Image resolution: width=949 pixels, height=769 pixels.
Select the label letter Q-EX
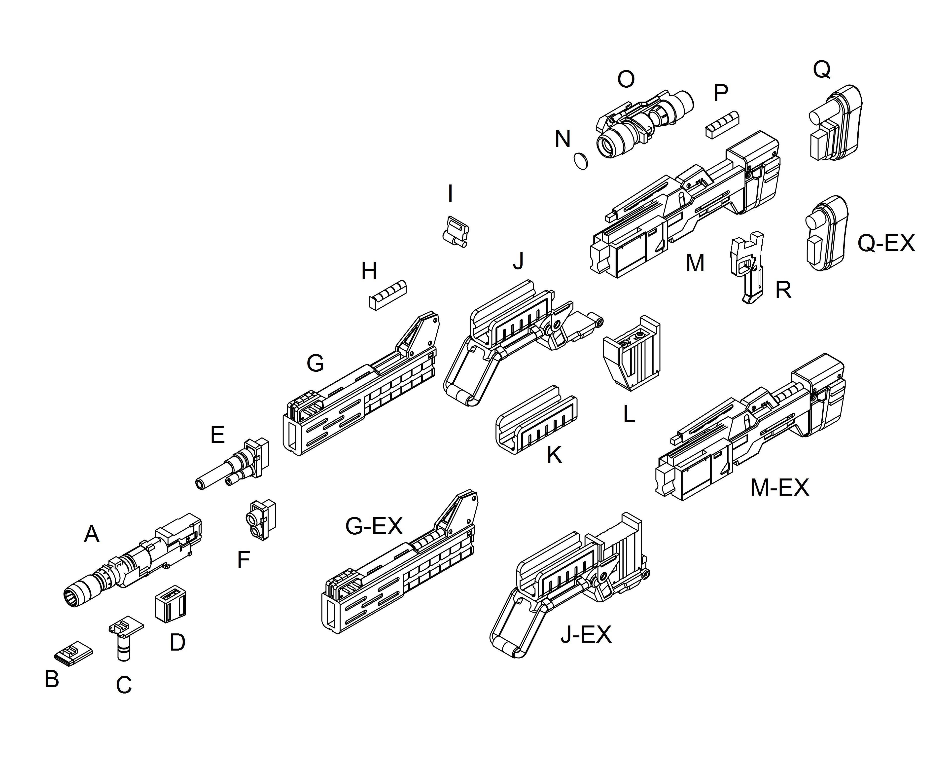(886, 243)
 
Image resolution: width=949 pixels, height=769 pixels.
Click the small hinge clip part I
(455, 231)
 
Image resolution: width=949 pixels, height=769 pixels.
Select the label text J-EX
(585, 635)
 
